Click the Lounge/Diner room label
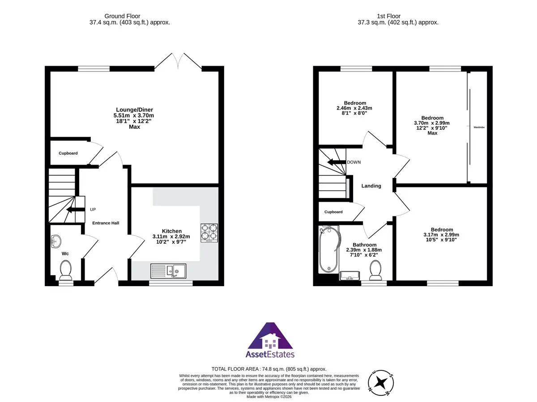click(134, 110)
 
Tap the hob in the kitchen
click(209, 233)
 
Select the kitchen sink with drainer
click(168, 271)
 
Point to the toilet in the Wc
click(66, 270)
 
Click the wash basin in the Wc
click(56, 241)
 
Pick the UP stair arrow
click(76, 209)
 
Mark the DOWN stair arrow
click(337, 162)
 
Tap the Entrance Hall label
click(106, 223)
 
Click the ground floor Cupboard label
click(68, 153)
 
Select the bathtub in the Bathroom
click(329, 249)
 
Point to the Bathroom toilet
click(375, 270)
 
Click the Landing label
click(371, 186)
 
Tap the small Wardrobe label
click(479, 127)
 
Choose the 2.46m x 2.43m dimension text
click(354, 108)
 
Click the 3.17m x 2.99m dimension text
click(441, 235)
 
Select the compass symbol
click(381, 383)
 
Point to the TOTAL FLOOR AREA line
click(269, 369)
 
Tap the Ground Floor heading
click(122, 16)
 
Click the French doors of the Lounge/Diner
click(178, 61)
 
